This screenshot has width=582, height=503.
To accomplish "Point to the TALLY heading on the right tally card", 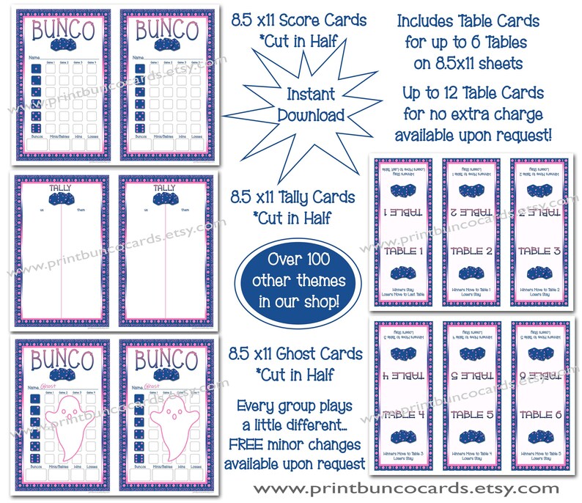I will [165, 188].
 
